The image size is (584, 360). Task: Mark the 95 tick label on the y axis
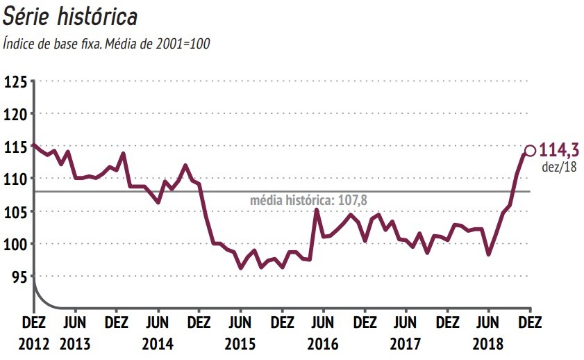18,277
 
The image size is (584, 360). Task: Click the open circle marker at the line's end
530,150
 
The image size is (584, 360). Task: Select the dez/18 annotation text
559,166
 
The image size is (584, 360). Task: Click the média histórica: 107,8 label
303,200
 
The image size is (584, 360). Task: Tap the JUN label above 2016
323,323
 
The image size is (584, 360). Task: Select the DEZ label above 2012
34,323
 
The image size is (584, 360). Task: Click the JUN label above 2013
75,323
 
